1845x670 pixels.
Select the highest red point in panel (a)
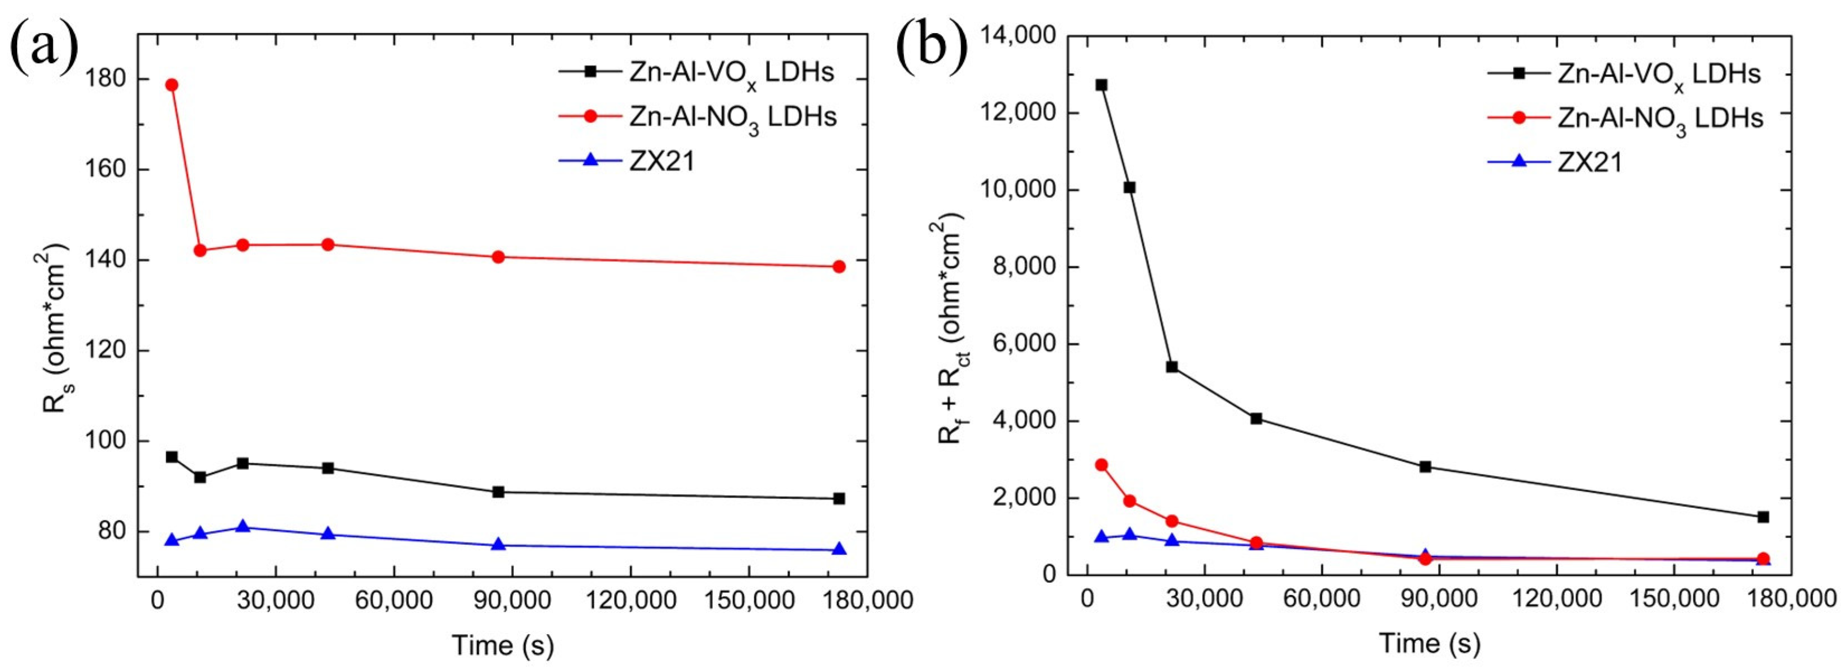pyautogui.click(x=171, y=84)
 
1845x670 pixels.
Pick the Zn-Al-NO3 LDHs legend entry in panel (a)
pyautogui.click(x=732, y=117)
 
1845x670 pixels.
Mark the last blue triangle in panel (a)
pyautogui.click(x=839, y=550)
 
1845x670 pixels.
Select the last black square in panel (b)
pyautogui.click(x=1763, y=517)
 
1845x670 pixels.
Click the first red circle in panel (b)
pyautogui.click(x=1101, y=465)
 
